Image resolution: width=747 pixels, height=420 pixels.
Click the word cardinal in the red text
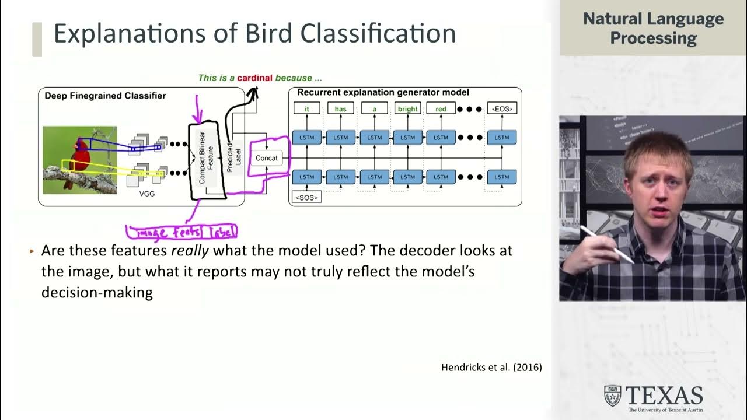[x=254, y=78]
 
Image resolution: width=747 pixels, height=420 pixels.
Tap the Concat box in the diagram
[x=267, y=158]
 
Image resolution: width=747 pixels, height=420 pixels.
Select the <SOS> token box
[x=306, y=197]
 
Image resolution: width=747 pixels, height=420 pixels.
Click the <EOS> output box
[x=501, y=108]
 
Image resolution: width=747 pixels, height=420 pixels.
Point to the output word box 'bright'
[x=407, y=108]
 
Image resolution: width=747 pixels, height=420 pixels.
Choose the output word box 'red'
[x=441, y=108]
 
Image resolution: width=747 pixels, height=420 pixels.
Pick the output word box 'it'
[x=306, y=108]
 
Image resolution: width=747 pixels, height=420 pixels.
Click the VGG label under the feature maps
[x=147, y=193]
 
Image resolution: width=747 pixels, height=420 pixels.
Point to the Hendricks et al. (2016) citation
[x=491, y=367]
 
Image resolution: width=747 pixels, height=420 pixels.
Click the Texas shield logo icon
[x=612, y=395]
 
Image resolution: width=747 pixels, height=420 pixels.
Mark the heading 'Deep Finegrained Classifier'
[x=105, y=95]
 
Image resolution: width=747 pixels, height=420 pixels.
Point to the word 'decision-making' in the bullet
[x=97, y=292]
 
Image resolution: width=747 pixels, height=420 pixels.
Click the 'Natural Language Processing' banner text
[x=653, y=28]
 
